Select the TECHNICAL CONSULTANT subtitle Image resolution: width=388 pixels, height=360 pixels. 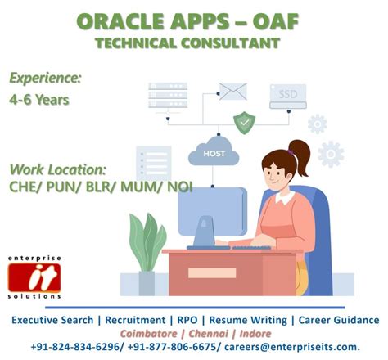click(187, 43)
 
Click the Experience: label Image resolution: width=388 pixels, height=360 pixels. click(45, 79)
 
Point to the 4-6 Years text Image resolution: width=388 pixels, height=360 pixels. click(38, 100)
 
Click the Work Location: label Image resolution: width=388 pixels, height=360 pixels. click(57, 169)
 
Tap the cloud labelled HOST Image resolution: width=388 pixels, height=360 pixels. click(214, 152)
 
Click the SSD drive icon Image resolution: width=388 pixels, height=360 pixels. click(287, 96)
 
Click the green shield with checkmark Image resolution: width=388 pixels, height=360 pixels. click(244, 123)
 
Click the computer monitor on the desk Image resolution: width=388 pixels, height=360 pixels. click(211, 214)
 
